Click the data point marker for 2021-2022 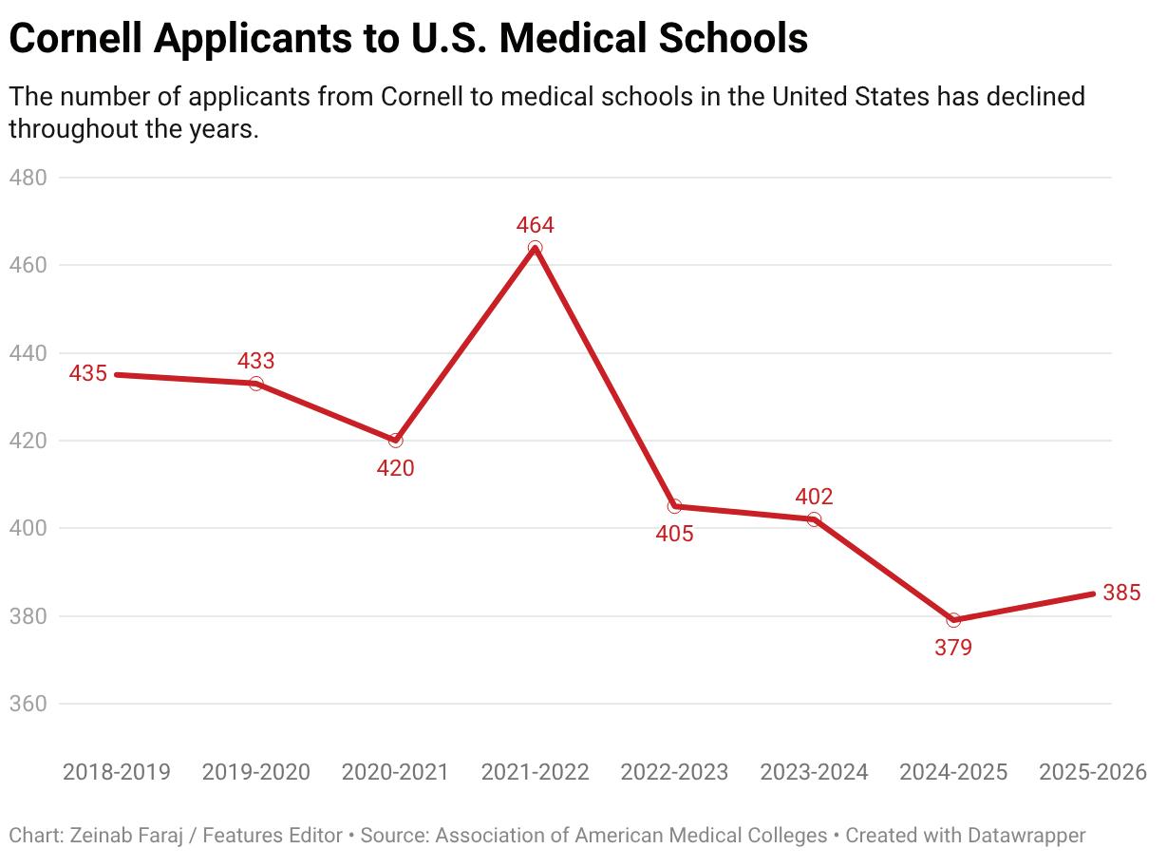535,248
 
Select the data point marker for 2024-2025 953,620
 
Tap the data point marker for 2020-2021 395,441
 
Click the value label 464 535,225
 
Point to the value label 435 88,374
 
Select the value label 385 1121,594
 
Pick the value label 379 953,648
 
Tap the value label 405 674,534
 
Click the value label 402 814,497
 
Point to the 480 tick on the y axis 28,178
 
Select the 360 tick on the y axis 28,704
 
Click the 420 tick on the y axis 28,441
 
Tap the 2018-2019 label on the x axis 117,772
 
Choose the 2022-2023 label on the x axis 674,772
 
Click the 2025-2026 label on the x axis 1093,772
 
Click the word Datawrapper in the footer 1026,836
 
